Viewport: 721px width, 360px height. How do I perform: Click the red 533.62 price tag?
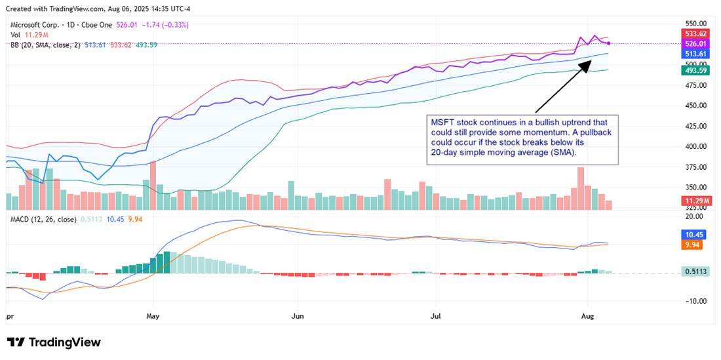695,33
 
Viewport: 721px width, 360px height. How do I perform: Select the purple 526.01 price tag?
695,44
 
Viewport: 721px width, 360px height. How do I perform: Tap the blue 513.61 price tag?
695,54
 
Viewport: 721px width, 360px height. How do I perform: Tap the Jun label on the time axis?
298,315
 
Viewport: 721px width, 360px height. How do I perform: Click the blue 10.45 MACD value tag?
693,234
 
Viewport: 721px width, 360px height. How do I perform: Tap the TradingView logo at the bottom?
54,342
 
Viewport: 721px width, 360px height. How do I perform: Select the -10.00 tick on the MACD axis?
693,301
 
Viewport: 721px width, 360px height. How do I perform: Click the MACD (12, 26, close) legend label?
43,219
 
